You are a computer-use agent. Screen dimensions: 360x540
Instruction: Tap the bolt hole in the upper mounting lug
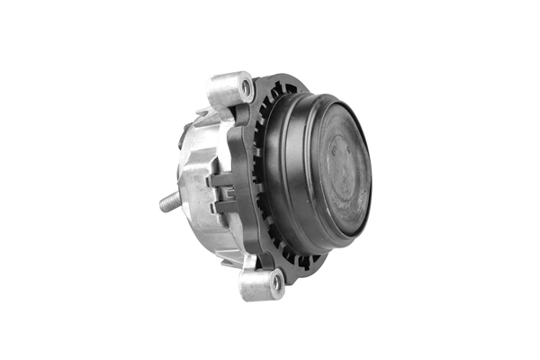[245, 87]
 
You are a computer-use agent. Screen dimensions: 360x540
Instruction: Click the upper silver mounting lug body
[228, 90]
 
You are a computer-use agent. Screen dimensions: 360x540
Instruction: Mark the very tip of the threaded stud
[163, 206]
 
